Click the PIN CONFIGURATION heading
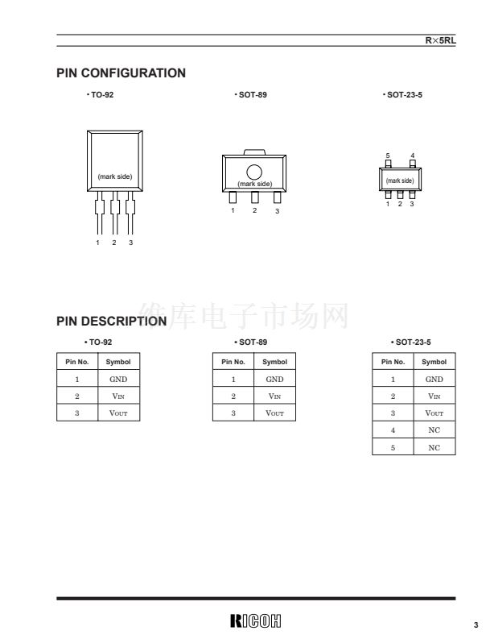click(121, 73)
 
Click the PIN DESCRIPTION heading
click(112, 322)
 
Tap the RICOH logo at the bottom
click(256, 620)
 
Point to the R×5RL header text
click(440, 40)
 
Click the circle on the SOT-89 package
click(254, 172)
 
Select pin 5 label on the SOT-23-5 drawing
click(388, 156)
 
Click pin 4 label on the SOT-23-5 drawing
click(412, 156)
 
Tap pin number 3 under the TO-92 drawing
click(130, 243)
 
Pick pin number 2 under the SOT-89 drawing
click(255, 210)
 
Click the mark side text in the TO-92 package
click(115, 176)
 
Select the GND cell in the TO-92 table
click(118, 379)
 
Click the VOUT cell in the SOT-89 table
click(274, 413)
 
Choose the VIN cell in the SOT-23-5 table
click(434, 396)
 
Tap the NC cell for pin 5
click(434, 447)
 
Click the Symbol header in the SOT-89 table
click(274, 362)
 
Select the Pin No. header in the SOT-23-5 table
click(393, 362)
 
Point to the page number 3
click(476, 624)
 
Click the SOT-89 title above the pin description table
click(251, 342)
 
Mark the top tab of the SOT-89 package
click(254, 152)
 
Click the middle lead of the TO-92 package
click(115, 213)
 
